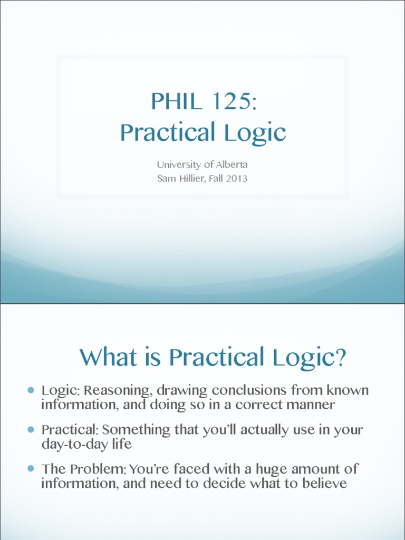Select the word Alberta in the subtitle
click(230, 165)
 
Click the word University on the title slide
click(180, 165)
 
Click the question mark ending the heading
click(341, 358)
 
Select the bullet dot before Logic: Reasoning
click(31, 390)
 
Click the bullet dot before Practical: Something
click(31, 429)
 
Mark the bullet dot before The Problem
click(31, 468)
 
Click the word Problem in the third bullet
click(95, 469)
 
